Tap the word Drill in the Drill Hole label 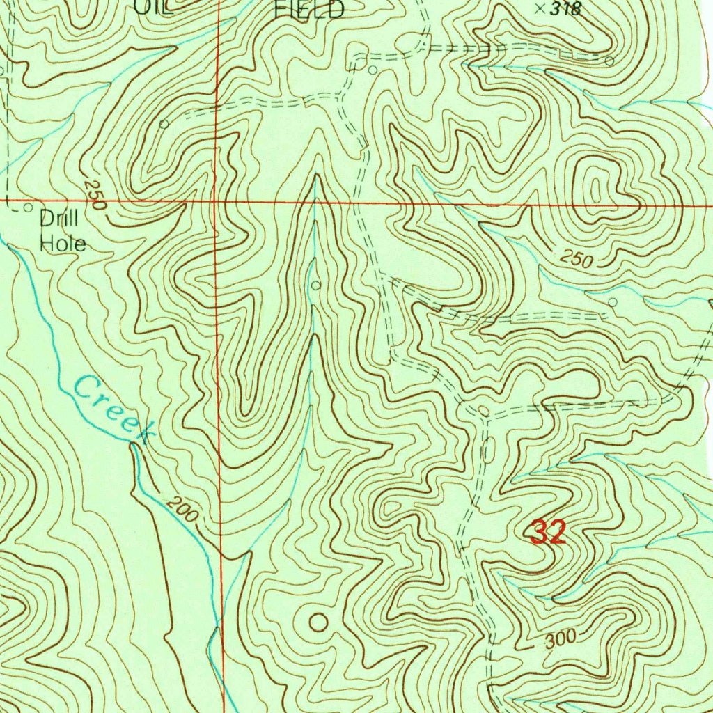click(58, 219)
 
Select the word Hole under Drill click(63, 243)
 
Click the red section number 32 click(548, 533)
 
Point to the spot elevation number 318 click(565, 9)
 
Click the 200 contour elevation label click(182, 512)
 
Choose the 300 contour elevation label click(561, 638)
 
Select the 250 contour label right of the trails click(577, 260)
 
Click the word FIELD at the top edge click(309, 9)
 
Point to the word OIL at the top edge click(152, 7)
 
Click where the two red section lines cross click(217, 202)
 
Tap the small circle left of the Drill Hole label click(28, 207)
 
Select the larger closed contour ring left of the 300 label click(318, 622)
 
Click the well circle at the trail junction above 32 click(484, 409)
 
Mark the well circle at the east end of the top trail click(609, 61)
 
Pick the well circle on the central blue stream click(316, 285)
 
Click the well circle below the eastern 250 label click(613, 302)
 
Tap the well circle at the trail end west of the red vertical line click(164, 124)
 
